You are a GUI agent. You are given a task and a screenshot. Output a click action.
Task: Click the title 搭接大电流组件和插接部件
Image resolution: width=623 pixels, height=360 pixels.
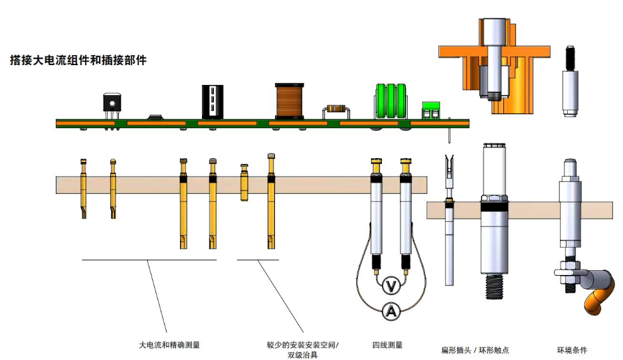[78, 60]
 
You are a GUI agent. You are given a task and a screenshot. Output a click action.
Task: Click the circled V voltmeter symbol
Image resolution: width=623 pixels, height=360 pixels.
[392, 286]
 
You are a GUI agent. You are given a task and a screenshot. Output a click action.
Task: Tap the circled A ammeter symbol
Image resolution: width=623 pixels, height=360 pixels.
[392, 311]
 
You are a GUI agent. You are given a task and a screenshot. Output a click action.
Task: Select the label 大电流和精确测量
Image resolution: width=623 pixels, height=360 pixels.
[169, 345]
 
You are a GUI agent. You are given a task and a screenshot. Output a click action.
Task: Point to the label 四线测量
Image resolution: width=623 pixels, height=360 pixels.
[387, 345]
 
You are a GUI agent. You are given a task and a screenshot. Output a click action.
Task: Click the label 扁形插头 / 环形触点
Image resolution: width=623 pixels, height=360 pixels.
[475, 350]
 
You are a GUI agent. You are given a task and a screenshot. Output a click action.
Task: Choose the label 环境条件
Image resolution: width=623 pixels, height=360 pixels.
[572, 350]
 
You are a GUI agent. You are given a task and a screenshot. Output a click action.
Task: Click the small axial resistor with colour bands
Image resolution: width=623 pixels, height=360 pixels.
[335, 110]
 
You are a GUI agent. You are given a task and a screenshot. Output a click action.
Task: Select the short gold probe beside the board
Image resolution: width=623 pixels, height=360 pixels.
[244, 183]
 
